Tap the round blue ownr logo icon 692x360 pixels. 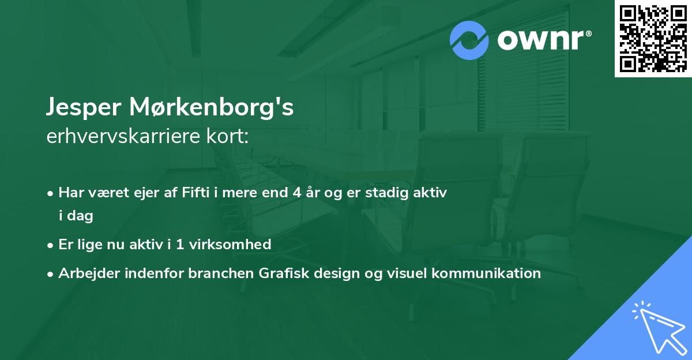click(469, 40)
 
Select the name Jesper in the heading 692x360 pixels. click(85, 108)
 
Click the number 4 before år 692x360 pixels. click(296, 192)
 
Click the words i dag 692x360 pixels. click(76, 216)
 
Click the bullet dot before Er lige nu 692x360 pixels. click(51, 245)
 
